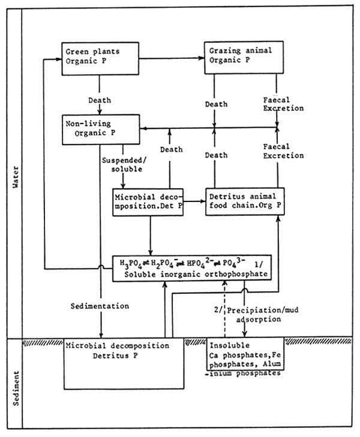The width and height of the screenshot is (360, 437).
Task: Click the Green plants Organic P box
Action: (100, 58)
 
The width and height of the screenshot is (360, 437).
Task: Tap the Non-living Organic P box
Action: (100, 129)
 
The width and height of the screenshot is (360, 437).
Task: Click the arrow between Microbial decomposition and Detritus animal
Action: (194, 203)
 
